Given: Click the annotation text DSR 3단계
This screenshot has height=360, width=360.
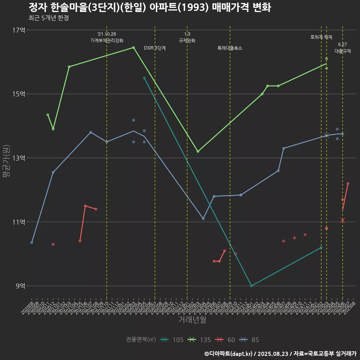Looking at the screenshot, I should coord(155,48).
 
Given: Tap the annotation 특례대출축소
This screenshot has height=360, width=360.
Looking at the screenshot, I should coord(230,48).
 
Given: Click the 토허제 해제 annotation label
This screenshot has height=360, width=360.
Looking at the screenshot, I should coord(321,37).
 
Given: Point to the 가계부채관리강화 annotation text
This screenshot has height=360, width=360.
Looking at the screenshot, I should coord(107,40).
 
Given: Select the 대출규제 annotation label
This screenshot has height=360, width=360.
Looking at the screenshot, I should coord(342,51).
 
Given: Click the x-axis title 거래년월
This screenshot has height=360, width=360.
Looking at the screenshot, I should coord(192,320).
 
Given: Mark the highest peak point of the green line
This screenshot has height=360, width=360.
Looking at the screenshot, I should coord(133,48).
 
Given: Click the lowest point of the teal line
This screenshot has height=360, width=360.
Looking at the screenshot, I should coord(251,286).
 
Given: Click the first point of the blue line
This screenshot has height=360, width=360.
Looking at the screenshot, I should coord(32,243).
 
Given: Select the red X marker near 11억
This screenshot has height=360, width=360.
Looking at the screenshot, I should coord(342,220).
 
